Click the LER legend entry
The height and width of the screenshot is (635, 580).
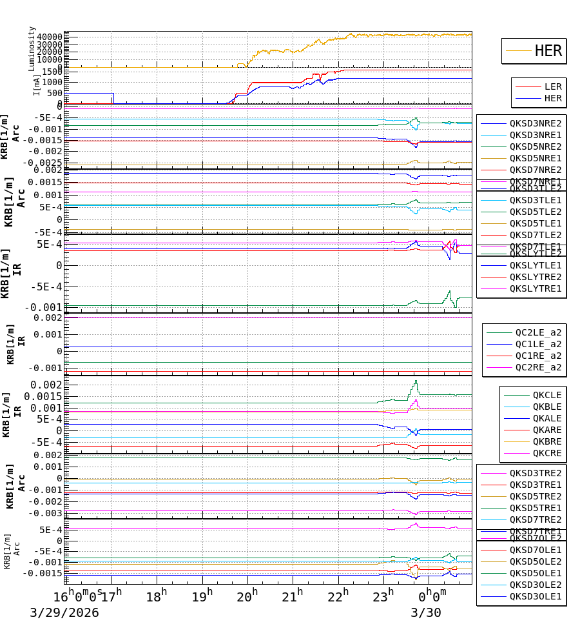[x=553, y=86]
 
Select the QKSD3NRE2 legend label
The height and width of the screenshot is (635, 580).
[x=536, y=123]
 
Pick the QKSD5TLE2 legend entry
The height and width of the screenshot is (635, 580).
[x=536, y=212]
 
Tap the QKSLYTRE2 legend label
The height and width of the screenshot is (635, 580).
[x=536, y=277]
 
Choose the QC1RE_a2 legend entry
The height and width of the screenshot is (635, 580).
[x=538, y=356]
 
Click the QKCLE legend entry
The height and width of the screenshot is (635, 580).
[x=547, y=395]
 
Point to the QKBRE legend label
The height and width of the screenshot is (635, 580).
[x=547, y=441]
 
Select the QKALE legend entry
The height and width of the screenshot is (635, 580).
[x=547, y=418]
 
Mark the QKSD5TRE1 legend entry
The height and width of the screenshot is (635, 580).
[x=536, y=508]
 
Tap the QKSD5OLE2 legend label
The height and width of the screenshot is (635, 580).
[x=536, y=561]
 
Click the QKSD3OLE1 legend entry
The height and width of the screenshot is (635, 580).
[x=536, y=596]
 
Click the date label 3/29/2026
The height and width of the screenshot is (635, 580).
[x=64, y=612]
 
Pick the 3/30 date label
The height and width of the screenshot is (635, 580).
[x=426, y=612]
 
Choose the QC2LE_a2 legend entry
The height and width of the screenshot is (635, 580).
[x=538, y=332]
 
